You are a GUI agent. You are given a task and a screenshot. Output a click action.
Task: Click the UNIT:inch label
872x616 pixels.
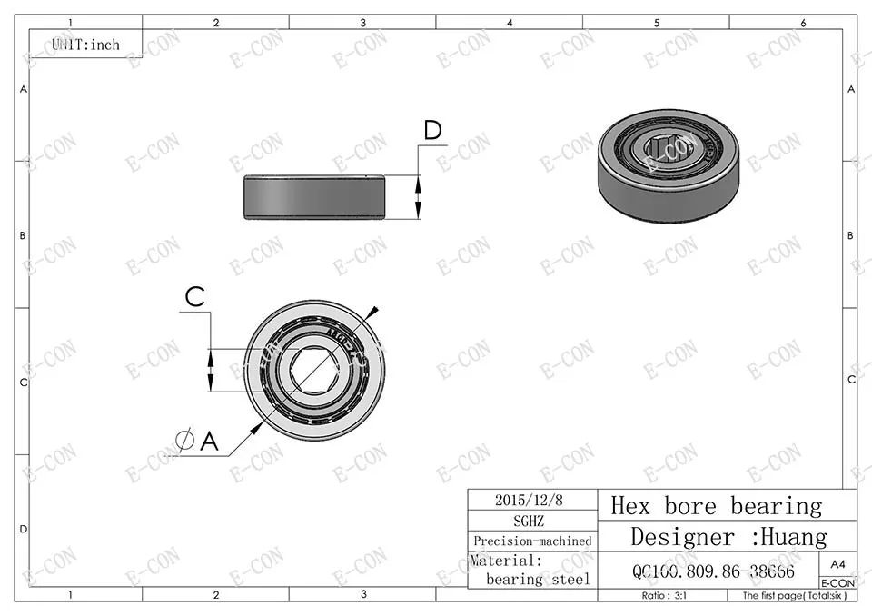85,44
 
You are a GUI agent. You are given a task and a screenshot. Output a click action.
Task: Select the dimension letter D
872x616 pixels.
432,131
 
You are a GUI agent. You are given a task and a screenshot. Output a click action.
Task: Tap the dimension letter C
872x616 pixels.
195,296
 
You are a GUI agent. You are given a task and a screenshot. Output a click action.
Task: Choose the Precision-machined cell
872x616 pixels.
532,541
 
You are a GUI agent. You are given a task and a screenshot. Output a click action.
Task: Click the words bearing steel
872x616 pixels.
538,579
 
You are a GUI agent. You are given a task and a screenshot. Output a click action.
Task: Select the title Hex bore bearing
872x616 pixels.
716,505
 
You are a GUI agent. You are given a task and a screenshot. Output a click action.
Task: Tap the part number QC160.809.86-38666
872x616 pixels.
713,571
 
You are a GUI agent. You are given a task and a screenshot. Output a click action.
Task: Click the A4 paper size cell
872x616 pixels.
837,563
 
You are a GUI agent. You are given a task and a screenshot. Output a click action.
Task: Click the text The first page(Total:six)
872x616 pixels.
793,596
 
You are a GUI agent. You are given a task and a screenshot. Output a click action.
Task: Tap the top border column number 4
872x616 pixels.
510,22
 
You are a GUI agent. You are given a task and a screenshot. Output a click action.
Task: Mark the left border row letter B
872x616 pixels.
24,235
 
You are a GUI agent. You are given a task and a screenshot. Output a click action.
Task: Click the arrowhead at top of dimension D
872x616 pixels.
419,180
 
